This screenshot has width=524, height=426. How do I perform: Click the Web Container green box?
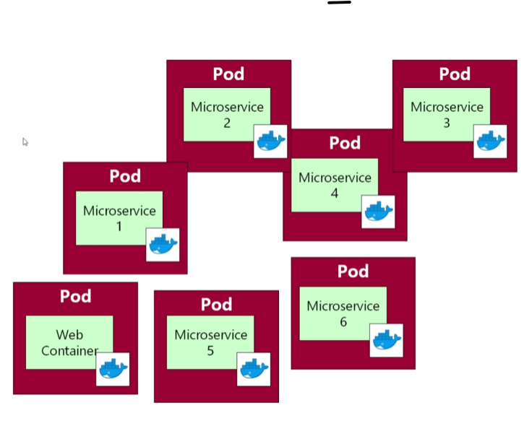tap(69, 342)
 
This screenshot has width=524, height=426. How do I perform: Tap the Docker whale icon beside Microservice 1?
tap(163, 245)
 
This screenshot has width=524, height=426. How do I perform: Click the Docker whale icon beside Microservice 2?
tap(270, 141)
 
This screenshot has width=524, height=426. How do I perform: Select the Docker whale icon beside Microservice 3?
tap(490, 141)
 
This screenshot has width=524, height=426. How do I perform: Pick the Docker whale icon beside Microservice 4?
tap(378, 212)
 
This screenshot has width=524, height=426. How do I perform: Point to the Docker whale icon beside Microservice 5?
tap(254, 368)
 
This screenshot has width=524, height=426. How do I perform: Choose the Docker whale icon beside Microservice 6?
tap(387, 340)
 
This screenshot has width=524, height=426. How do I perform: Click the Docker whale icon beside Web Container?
tap(113, 368)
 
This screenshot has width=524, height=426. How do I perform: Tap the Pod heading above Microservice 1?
tap(125, 176)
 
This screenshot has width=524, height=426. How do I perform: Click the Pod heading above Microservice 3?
tap(455, 74)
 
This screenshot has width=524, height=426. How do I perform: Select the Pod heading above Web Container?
tap(75, 296)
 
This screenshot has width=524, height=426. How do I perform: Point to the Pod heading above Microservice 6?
tap(353, 271)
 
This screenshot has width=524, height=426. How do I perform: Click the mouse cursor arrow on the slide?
tap(25, 142)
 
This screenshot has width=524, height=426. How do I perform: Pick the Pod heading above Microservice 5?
tap(216, 305)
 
